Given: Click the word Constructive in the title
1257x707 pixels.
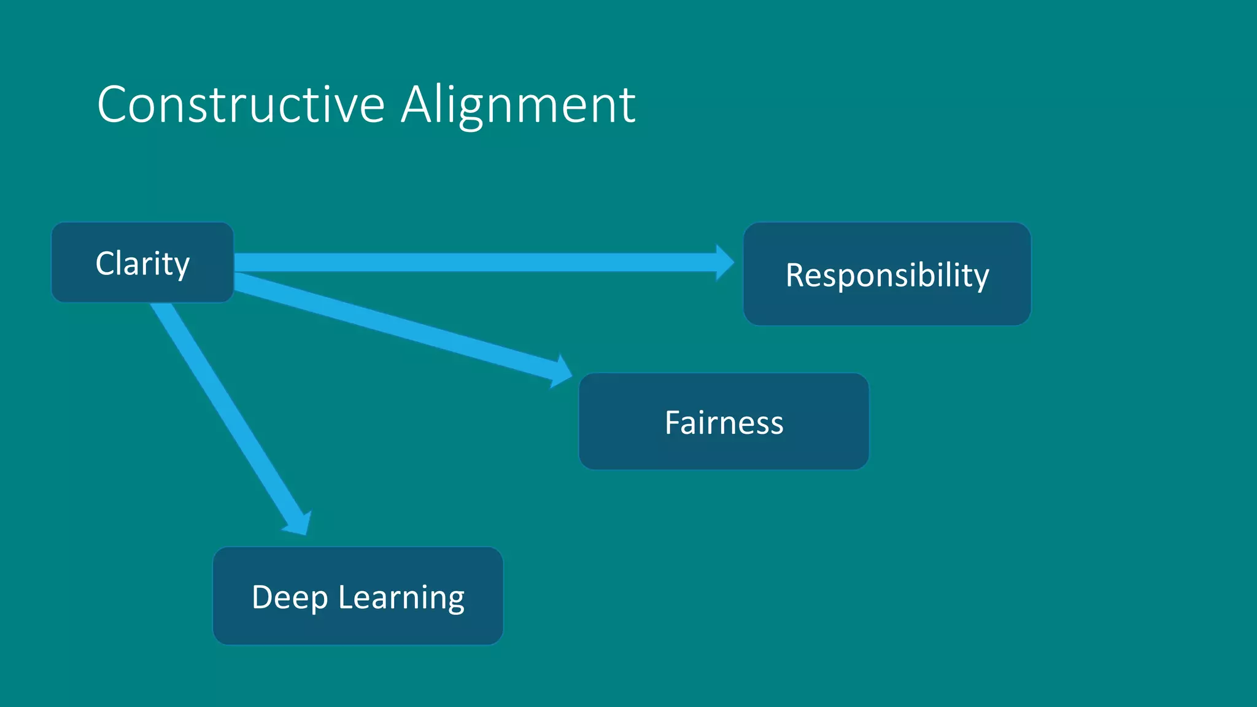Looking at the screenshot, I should (241, 105).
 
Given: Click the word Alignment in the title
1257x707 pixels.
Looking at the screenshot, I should (519, 105).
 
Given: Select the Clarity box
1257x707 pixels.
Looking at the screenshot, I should (142, 263).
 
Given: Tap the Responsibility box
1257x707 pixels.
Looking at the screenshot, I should (887, 274).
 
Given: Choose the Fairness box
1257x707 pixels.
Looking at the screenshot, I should (724, 422).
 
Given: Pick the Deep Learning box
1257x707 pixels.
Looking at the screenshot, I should (358, 597).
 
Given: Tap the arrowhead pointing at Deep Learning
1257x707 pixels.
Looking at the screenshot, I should (299, 523).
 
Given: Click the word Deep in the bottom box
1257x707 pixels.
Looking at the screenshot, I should (290, 598).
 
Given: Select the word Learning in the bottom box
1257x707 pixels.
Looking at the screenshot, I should (401, 598).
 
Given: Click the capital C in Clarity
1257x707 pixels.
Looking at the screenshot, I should (106, 263).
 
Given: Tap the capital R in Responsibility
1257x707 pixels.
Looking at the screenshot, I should (796, 275).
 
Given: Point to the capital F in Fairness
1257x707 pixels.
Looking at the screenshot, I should (673, 423).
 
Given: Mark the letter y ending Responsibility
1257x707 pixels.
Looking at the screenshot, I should (981, 277).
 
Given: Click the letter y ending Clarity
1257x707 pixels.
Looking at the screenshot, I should (181, 266).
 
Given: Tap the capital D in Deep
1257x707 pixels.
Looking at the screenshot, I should (262, 597).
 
